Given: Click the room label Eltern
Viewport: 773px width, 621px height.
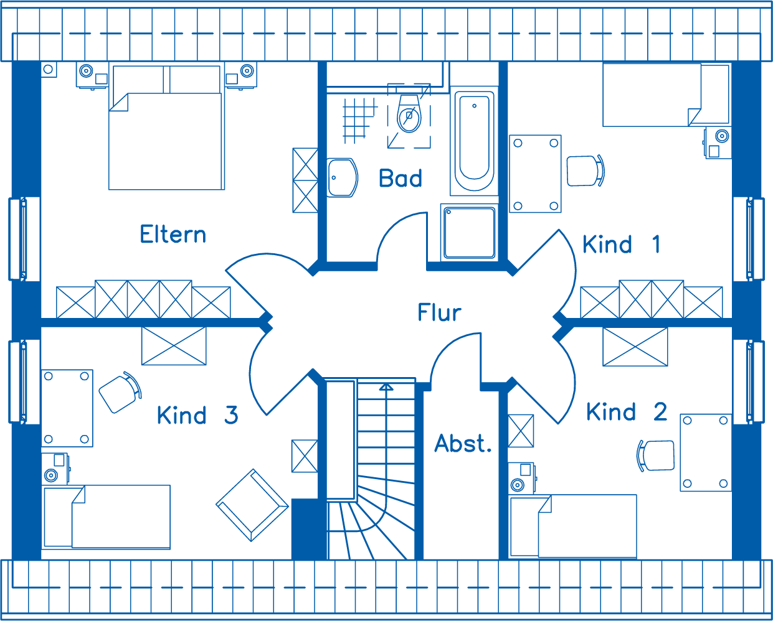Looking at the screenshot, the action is click(173, 234).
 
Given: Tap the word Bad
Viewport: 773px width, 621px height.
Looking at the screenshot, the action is click(401, 178).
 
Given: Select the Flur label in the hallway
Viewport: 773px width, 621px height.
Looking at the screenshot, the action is click(439, 312).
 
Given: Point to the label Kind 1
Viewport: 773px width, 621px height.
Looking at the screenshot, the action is click(621, 244).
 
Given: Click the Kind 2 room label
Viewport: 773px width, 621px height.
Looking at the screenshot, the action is click(627, 411).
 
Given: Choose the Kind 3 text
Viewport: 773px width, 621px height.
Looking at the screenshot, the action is click(197, 415).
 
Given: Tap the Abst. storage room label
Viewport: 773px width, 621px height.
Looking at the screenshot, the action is click(463, 443).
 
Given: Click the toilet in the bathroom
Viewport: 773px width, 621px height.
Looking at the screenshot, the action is click(409, 113).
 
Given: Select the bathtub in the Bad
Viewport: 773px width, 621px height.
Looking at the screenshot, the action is click(474, 141).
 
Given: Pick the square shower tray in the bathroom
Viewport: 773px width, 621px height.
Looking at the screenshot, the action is click(470, 233).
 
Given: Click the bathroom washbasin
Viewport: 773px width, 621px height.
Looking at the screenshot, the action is click(343, 178).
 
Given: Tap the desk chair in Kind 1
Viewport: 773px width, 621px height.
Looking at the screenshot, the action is click(586, 171).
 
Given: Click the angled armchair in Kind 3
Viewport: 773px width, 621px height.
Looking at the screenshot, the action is click(252, 505).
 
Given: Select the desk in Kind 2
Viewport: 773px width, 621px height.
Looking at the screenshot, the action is click(706, 452).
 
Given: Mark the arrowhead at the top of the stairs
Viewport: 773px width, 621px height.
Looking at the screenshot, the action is click(386, 386).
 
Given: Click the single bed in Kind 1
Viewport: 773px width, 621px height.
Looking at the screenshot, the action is click(666, 95).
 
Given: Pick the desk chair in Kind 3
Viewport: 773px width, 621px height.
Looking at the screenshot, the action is click(120, 393).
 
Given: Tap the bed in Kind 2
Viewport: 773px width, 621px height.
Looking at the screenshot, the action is click(572, 526).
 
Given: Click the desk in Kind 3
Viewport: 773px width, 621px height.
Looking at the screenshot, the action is click(67, 408).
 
